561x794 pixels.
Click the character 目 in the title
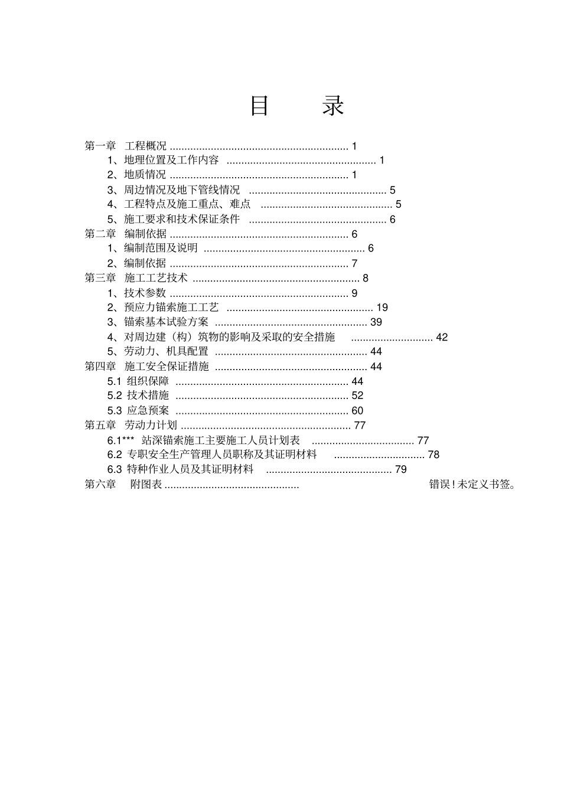[x=259, y=106]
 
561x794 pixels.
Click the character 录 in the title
[x=333, y=106]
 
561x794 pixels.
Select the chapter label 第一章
[x=100, y=146]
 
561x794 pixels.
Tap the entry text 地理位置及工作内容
[x=171, y=160]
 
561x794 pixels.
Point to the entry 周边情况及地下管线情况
[x=182, y=190]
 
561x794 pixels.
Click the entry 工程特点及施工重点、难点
[x=187, y=204]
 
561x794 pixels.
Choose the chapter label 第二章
[x=100, y=234]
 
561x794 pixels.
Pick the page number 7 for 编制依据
[x=354, y=263]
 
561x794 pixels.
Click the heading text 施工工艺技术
[x=156, y=278]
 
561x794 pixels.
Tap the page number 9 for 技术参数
[x=354, y=293]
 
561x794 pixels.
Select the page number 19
[x=382, y=308]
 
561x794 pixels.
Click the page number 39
[x=376, y=322]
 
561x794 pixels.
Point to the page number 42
[x=442, y=337]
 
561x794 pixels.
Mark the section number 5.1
[x=115, y=381]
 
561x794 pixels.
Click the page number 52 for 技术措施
[x=357, y=396]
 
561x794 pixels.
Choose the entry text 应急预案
[x=148, y=410]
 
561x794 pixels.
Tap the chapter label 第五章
[x=100, y=425]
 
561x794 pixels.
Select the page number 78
[x=433, y=455]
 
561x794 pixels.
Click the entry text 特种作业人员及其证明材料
[x=190, y=469]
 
